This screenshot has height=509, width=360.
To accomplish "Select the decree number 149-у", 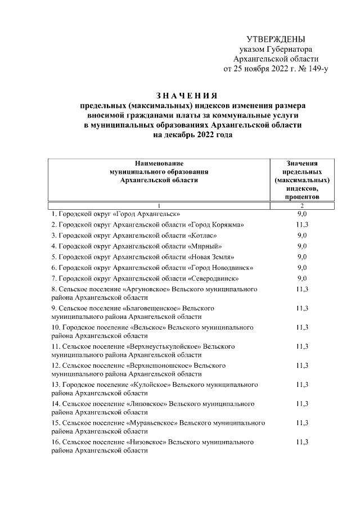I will click(315, 69).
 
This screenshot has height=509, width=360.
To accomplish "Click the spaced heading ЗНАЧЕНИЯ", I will click(186, 95).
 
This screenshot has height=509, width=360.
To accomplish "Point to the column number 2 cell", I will click(302, 205).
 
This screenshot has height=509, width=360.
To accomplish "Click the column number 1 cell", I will click(159, 205).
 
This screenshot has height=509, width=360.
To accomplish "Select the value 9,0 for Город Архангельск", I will click(302, 214).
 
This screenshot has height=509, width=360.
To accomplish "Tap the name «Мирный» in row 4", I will click(208, 246).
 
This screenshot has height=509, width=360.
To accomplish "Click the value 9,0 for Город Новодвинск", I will click(302, 268).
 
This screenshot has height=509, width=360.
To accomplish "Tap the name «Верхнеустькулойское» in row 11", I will click(164, 346).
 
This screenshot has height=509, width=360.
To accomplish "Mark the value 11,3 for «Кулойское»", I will click(302, 385).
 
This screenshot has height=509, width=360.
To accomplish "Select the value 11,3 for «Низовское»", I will click(302, 442).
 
